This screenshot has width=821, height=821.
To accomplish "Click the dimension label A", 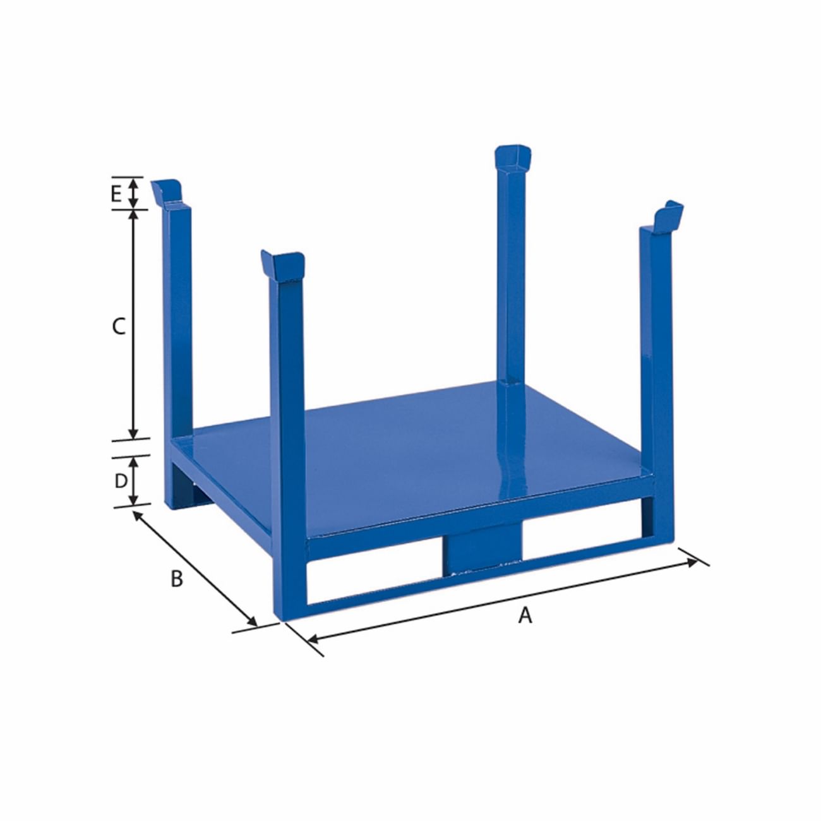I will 525,614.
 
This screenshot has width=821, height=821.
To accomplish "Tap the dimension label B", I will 177,578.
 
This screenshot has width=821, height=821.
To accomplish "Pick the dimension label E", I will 116,194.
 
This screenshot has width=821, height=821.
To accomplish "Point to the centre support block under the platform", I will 482,548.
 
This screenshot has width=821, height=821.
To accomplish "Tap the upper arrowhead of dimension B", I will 137,515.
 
